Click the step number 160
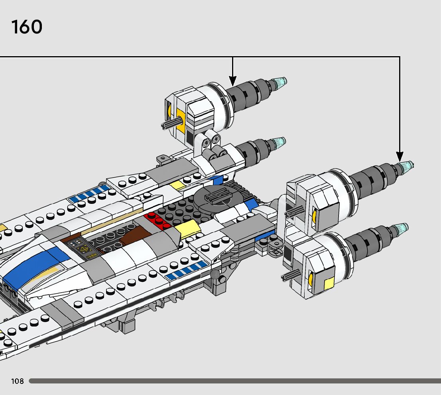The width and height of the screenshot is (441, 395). click(x=27, y=27)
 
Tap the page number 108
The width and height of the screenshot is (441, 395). click(x=18, y=381)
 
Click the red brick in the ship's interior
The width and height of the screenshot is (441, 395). click(x=157, y=220)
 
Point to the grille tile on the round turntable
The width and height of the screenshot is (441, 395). click(x=215, y=196)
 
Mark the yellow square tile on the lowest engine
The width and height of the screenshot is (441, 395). click(x=329, y=284)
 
